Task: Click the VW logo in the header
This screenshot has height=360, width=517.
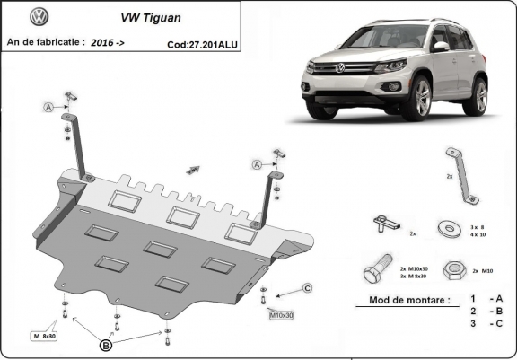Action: [39, 16]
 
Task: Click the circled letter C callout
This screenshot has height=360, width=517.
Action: [307, 288]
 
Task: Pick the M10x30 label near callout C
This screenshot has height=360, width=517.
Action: [281, 315]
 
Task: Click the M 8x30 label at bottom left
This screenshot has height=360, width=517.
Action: [44, 335]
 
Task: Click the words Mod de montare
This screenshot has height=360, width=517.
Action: [402, 301]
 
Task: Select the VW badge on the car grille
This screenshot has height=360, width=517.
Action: [340, 68]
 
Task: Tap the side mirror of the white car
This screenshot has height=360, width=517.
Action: [441, 46]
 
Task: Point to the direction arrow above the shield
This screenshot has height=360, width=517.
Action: [192, 168]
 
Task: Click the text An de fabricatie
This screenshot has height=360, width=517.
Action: [45, 41]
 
